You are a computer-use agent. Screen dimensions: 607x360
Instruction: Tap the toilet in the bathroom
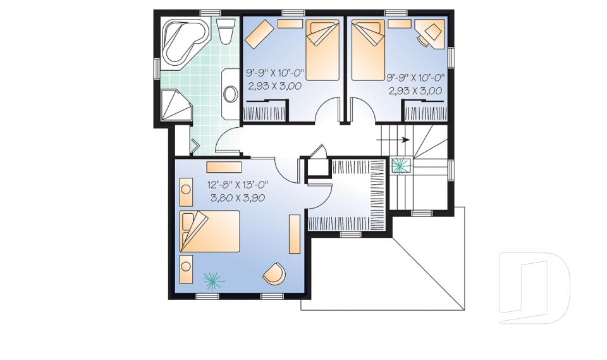point(226,30)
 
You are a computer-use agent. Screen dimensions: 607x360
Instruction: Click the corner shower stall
point(175,106)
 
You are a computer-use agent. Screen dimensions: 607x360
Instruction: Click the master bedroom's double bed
point(210,232)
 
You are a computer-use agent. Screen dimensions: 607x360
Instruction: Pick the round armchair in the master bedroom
point(274,273)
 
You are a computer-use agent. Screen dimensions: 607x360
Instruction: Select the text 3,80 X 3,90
point(238,198)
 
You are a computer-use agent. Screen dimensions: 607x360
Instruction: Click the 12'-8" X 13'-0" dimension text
point(238,185)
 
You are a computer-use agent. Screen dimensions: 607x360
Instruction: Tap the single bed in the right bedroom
point(368,50)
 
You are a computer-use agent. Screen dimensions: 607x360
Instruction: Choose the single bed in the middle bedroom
point(323,50)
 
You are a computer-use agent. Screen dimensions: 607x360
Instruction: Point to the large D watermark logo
point(534,287)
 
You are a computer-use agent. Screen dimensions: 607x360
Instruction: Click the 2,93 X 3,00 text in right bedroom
point(415,91)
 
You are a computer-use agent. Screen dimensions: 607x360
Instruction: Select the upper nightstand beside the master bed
point(186,192)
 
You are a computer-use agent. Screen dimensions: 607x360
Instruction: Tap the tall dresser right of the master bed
point(295,235)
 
